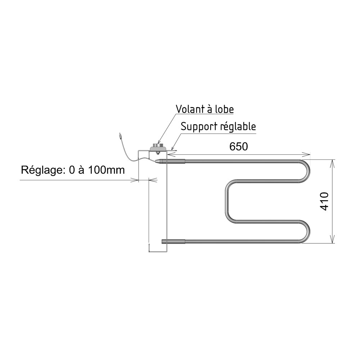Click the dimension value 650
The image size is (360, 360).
pos(239,147)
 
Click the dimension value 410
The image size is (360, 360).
pos(325,201)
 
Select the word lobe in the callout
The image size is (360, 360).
pos(224,109)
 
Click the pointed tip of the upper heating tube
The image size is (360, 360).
pos(156,161)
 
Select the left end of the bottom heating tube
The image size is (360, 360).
pos(162,241)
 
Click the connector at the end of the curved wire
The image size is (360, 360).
pos(120,136)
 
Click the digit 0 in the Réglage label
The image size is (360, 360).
pos(72,170)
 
